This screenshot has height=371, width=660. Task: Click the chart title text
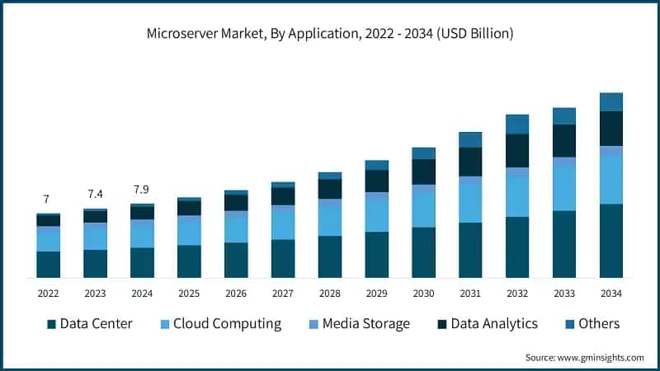(x=330, y=34)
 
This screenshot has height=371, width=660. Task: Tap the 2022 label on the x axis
(x=48, y=294)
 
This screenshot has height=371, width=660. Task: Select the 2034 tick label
(x=610, y=294)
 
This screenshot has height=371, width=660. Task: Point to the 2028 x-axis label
(x=329, y=294)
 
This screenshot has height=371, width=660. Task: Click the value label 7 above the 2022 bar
(x=46, y=199)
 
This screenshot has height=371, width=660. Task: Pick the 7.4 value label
(x=95, y=194)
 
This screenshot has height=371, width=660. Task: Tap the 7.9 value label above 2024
(x=142, y=190)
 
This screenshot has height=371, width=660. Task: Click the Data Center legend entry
(x=89, y=323)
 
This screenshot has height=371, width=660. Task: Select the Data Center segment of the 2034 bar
(x=610, y=241)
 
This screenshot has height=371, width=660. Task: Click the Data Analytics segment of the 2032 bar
(x=517, y=150)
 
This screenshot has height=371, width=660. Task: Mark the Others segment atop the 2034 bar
(x=610, y=101)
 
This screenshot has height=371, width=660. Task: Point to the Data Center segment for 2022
(x=48, y=264)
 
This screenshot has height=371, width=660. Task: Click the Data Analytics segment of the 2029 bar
(x=376, y=181)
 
